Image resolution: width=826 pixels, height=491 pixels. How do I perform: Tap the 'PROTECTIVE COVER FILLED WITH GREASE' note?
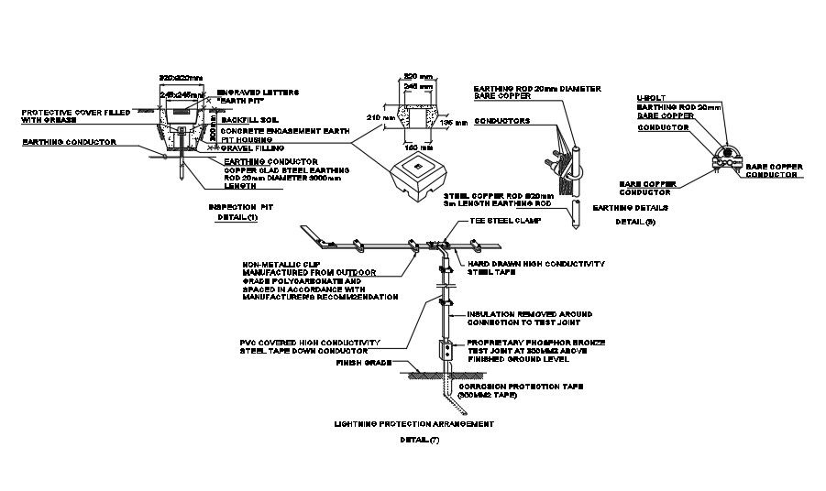click(68, 115)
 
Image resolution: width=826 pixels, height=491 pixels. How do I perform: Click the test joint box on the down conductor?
click(446, 350)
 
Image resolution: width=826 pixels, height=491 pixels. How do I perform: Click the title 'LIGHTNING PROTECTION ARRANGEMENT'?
click(415, 424)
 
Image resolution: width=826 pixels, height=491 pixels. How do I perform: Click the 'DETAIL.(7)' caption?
click(420, 441)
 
